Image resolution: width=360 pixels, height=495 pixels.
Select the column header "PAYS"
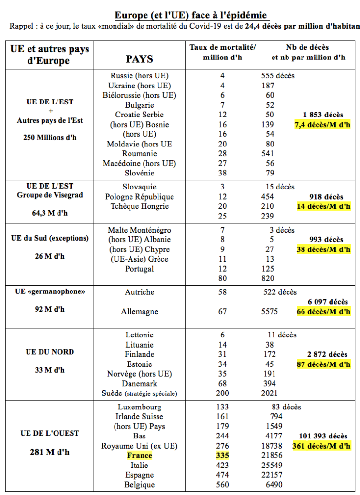[x=139, y=59]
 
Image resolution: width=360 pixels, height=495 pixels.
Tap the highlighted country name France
[x=139, y=455]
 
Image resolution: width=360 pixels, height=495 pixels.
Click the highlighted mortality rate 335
[x=222, y=455]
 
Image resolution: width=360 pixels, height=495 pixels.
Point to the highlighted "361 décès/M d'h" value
[x=321, y=446]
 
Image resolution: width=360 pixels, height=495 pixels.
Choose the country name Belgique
[x=139, y=484]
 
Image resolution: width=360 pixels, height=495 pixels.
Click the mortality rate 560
[x=222, y=484]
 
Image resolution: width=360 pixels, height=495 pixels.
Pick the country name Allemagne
[x=139, y=312]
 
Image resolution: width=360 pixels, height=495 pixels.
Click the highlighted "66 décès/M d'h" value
[x=323, y=312]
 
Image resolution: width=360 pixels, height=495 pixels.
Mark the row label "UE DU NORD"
[x=50, y=352]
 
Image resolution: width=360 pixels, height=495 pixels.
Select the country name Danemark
[x=139, y=383]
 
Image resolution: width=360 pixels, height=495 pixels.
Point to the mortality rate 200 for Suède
[x=222, y=393]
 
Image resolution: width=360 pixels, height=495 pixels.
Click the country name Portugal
[x=139, y=269]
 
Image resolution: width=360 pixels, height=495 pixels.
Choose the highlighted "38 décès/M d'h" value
[x=323, y=249]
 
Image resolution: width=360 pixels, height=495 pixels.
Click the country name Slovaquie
[x=139, y=187]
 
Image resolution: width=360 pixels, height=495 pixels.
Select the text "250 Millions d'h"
[x=50, y=137]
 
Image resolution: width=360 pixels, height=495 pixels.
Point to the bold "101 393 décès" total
[x=323, y=436]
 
